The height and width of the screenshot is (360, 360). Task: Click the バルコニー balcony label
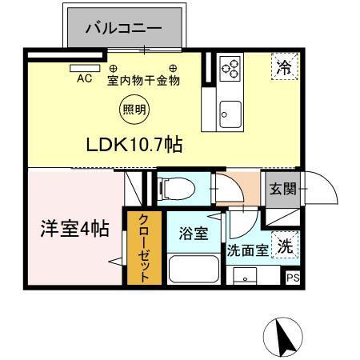[126, 29]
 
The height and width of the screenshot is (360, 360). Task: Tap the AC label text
[84, 79]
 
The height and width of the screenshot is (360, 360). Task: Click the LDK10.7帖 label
[134, 145]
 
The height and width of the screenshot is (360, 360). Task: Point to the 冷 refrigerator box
[284, 67]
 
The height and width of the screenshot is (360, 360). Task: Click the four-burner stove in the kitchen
[231, 68]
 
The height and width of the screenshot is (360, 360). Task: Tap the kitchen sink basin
[230, 112]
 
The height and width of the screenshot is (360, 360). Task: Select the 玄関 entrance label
[282, 189]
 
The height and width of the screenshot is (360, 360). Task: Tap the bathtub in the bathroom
[193, 270]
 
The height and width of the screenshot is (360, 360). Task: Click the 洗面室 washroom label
[247, 250]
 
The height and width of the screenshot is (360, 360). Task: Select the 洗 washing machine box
[285, 247]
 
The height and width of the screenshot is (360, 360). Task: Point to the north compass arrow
[283, 336]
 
